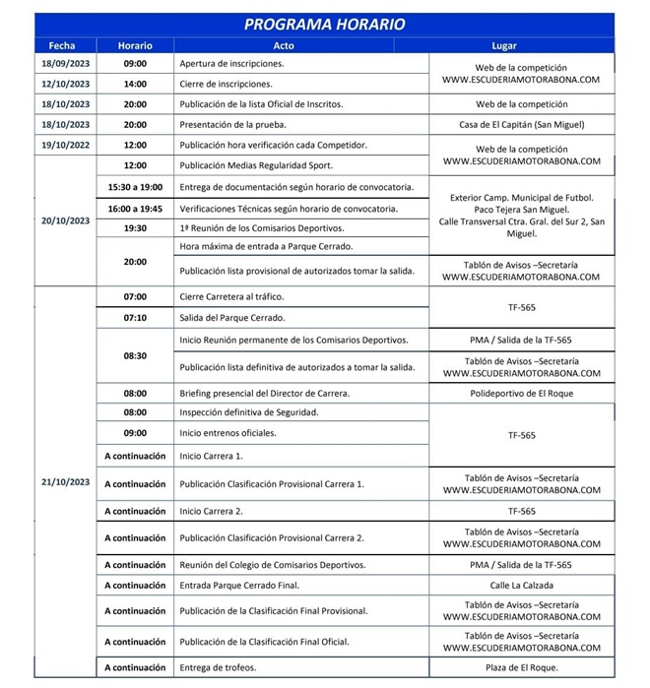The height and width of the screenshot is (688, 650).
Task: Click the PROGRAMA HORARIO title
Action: [x=324, y=25]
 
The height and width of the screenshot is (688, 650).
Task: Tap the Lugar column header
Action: [x=503, y=45]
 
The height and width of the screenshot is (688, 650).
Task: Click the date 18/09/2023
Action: [x=65, y=63]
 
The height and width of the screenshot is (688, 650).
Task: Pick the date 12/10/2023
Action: [x=65, y=84]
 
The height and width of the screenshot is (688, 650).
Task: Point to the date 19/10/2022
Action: [x=65, y=145]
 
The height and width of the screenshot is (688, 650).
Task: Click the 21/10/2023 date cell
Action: [x=65, y=482]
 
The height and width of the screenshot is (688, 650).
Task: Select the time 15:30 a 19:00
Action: [x=135, y=187]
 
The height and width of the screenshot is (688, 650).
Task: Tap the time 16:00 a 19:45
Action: [x=135, y=209]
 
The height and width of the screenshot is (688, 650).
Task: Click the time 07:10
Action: [x=135, y=318]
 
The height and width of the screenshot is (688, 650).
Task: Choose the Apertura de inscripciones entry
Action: [x=230, y=63]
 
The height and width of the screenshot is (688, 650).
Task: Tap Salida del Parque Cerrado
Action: [x=231, y=318]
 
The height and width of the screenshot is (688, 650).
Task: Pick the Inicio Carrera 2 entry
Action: [x=211, y=512]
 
